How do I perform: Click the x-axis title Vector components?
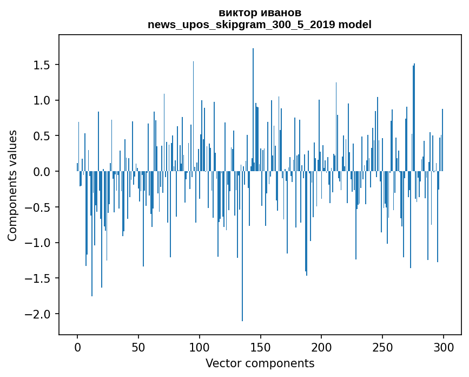click(x=260, y=363)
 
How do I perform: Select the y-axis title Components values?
click(x=12, y=185)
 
